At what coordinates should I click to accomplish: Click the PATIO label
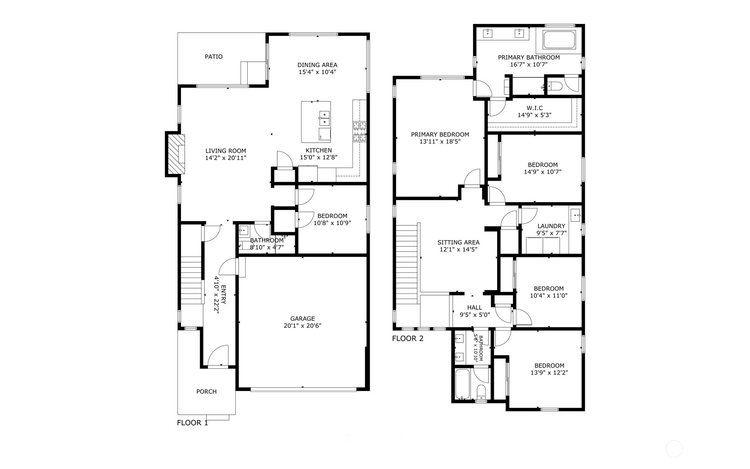pyautogui.click(x=213, y=57)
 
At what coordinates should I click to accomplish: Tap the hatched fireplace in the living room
pyautogui.click(x=176, y=155)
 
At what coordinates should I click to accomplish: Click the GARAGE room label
pyautogui.click(x=302, y=318)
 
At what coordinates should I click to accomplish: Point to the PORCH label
pyautogui.click(x=206, y=391)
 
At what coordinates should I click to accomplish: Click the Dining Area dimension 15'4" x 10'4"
pyautogui.click(x=317, y=72)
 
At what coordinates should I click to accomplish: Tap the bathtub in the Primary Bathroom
pyautogui.click(x=559, y=39)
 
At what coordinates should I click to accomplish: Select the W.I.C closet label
pyautogui.click(x=534, y=108)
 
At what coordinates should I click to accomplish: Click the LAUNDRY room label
pyautogui.click(x=551, y=226)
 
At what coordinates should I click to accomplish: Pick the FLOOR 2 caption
pyautogui.click(x=408, y=339)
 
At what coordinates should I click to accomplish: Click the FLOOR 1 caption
pyautogui.click(x=193, y=423)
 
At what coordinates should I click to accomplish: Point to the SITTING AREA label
pyautogui.click(x=458, y=242)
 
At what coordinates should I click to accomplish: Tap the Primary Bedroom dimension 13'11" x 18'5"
pyautogui.click(x=440, y=141)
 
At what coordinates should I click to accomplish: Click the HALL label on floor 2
pyautogui.click(x=474, y=308)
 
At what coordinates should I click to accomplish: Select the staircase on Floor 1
pyautogui.click(x=191, y=280)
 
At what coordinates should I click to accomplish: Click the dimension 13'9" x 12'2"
pyautogui.click(x=549, y=373)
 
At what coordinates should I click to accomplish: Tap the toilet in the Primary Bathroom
pyautogui.click(x=554, y=86)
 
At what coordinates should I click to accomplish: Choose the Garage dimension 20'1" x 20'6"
pyautogui.click(x=302, y=326)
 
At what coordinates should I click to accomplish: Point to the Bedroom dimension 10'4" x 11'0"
pyautogui.click(x=548, y=296)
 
